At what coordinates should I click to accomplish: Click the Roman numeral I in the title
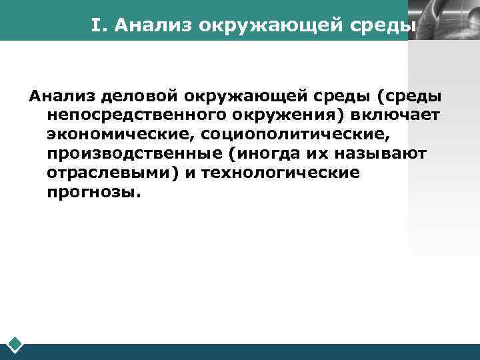pyautogui.click(x=97, y=26)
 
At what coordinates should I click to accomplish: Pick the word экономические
pyautogui.click(x=117, y=135)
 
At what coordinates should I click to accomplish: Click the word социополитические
pyautogui.click(x=294, y=135)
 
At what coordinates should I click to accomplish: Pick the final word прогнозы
pyautogui.click(x=94, y=193)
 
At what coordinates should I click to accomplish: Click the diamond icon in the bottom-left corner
pyautogui.click(x=15, y=345)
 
